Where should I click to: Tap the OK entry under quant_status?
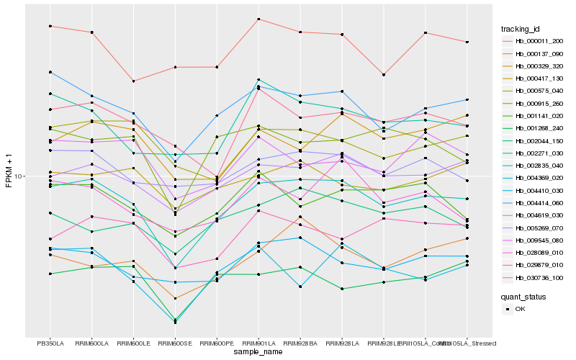[520, 309]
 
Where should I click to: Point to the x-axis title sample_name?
[258, 352]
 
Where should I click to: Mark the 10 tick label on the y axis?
[19, 176]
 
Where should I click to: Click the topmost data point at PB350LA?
[50, 26]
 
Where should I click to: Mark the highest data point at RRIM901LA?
[258, 19]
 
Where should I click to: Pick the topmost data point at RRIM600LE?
[133, 81]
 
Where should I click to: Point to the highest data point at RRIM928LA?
[341, 35]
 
